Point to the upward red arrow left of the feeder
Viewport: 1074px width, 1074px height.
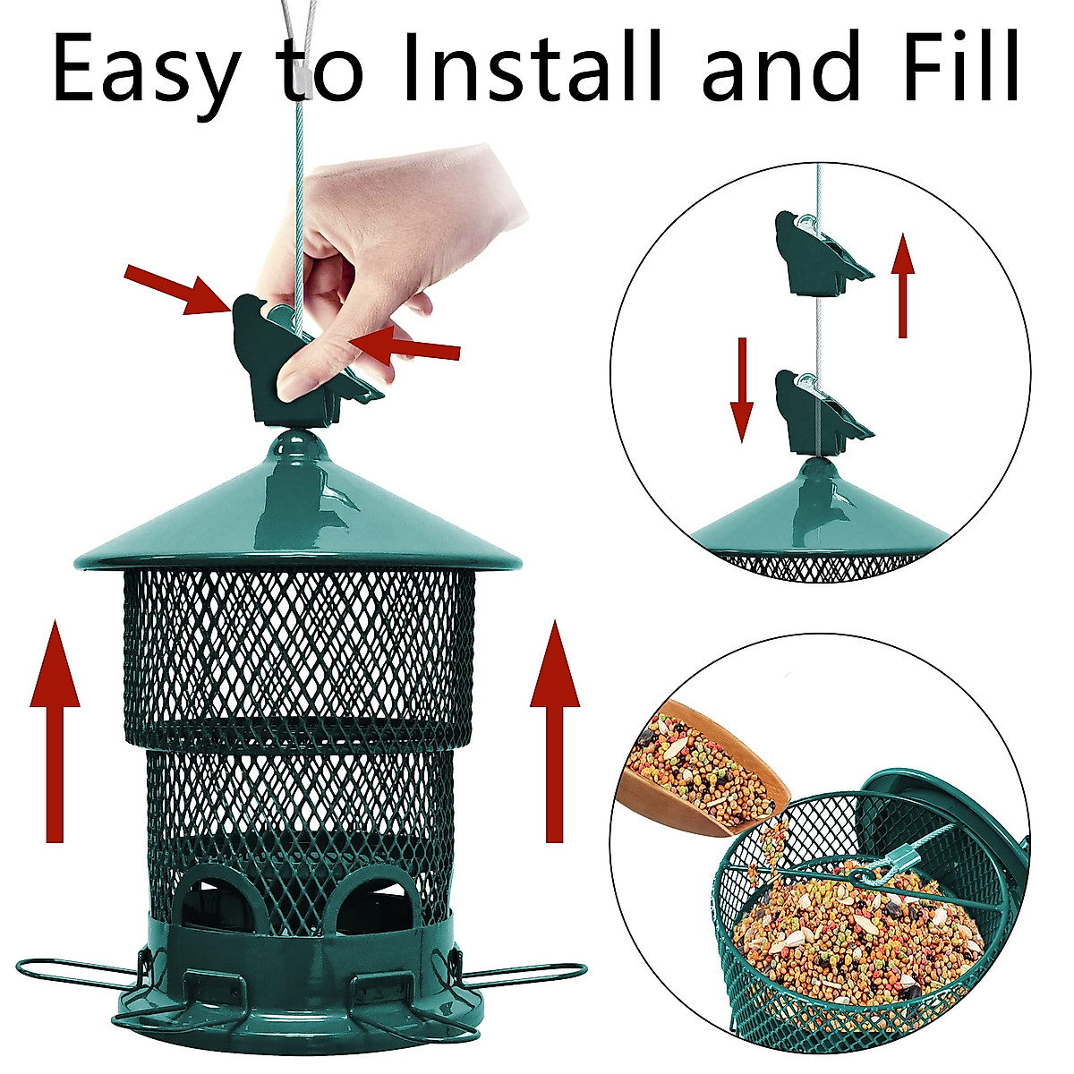click(55, 729)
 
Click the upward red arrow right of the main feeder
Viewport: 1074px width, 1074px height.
click(555, 729)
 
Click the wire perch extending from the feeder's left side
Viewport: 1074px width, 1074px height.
click(76, 971)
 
